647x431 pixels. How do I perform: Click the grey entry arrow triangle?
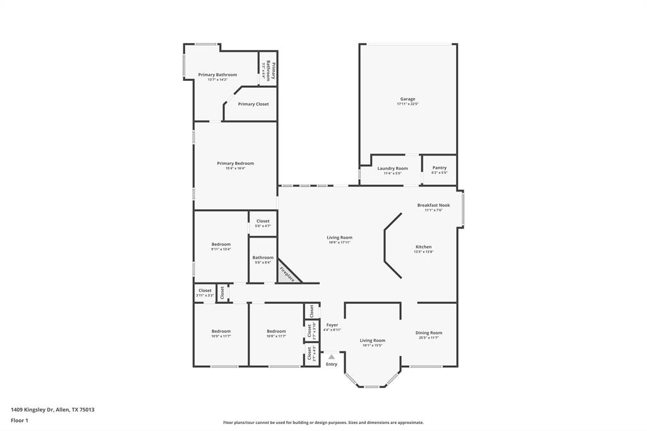point(331,357)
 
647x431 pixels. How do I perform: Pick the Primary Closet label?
point(253,104)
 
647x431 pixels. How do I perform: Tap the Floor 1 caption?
point(20,420)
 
